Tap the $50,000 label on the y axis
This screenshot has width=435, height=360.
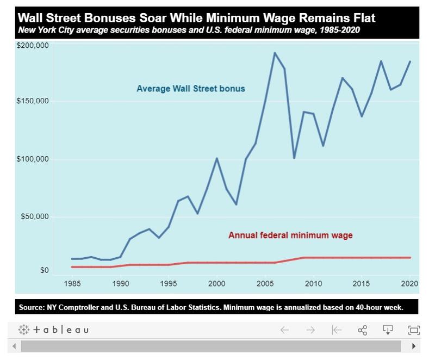tap(36, 217)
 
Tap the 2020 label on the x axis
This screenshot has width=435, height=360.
tap(409, 283)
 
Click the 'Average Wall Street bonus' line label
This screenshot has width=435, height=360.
tap(191, 88)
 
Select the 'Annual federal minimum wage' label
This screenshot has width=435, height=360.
tap(290, 235)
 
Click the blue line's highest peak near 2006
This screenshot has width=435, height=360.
tap(275, 53)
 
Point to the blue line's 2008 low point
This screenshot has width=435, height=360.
tap(294, 158)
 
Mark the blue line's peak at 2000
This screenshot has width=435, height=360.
tap(217, 158)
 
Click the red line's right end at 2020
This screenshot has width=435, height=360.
tap(410, 257)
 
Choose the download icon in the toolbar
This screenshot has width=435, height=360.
tap(388, 330)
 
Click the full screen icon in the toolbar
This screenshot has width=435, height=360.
tap(414, 330)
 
